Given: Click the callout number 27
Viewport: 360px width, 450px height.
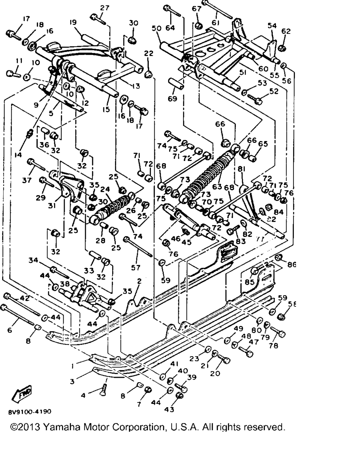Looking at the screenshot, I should [x=105, y=8].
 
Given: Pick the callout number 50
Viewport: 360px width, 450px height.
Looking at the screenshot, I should [x=156, y=28].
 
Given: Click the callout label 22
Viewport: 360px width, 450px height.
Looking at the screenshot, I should [x=149, y=53].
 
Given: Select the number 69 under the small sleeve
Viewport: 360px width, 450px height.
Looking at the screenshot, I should [x=172, y=99].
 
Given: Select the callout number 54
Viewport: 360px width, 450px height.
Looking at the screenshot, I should [x=272, y=25].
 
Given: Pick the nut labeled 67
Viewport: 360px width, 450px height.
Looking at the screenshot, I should [x=198, y=25].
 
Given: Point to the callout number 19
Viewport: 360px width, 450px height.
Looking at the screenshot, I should [x=73, y=22].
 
